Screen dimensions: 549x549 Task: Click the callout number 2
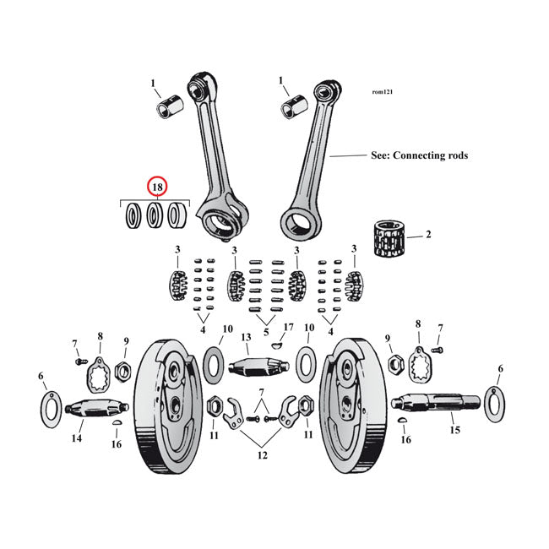428,234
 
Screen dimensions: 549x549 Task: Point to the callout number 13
247,338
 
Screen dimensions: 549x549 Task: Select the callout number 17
288,327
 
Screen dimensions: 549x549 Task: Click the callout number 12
263,456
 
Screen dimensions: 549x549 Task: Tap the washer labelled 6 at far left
50,408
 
